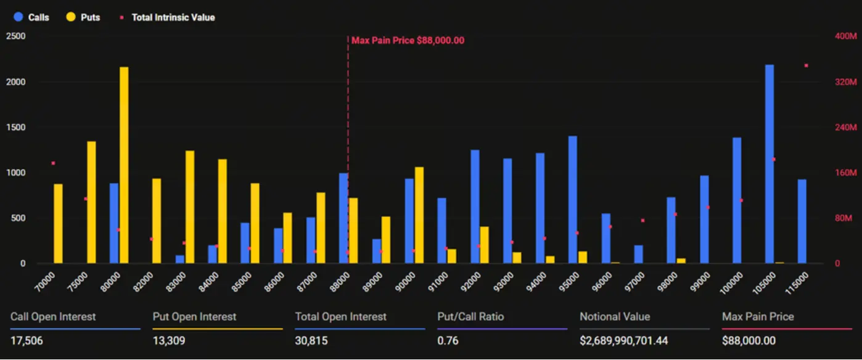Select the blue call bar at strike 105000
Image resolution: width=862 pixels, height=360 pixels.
coord(770,164)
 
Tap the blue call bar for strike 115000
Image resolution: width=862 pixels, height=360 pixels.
coord(802,221)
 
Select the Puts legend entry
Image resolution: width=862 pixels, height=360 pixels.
coord(83,17)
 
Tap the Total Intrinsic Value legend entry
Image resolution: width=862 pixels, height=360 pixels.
coord(168,17)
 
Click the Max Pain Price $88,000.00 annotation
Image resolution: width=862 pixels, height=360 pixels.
coord(408,41)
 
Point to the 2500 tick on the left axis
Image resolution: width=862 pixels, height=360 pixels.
coord(15,36)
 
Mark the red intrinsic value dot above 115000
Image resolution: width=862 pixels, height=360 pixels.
coord(806,65)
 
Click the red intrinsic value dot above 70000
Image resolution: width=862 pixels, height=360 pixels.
coord(53,163)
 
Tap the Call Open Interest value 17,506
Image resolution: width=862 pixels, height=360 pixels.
coord(27,340)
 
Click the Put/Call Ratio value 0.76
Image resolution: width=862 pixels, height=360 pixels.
coord(448,340)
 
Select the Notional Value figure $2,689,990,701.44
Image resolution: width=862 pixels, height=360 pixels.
coord(623,340)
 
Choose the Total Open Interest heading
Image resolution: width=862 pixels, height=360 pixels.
coord(340,317)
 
